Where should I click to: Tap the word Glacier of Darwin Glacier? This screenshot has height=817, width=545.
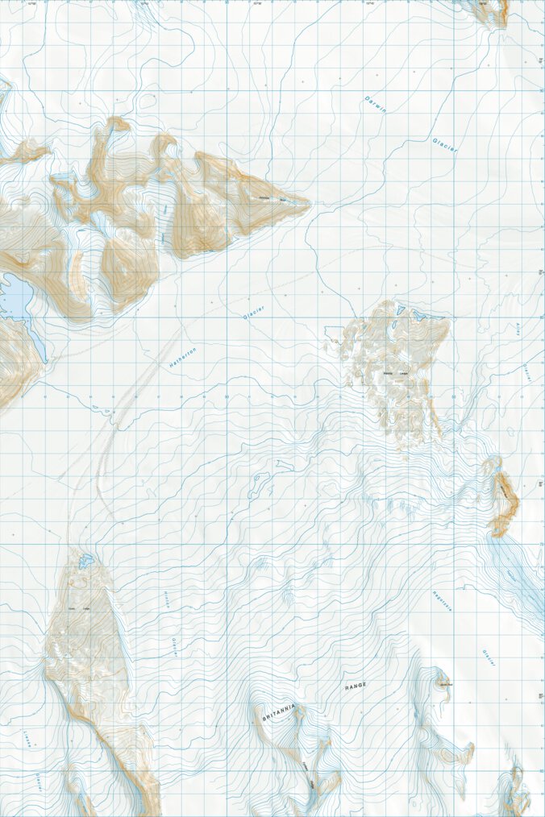[x=445, y=144]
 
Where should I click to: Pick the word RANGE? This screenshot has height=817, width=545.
[x=356, y=686]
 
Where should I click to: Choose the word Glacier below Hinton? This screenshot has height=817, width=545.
[x=173, y=646]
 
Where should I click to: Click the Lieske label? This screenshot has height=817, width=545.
[x=27, y=740]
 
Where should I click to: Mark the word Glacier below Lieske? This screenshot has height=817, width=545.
[x=38, y=782]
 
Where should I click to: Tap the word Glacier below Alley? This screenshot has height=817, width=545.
[x=525, y=371]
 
